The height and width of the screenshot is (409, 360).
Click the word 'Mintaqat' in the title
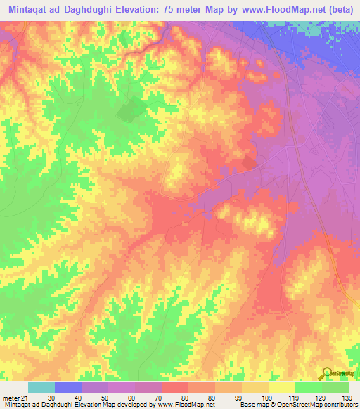(x=27, y=10)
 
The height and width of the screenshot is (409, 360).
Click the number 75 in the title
(x=195, y=10)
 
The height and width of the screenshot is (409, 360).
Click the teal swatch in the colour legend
(x=41, y=387)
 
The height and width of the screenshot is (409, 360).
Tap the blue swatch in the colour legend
(x=68, y=387)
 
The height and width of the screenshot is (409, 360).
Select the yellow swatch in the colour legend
(x=282, y=387)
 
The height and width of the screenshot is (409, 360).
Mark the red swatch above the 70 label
(x=175, y=387)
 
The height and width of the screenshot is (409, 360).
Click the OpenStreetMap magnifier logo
(x=326, y=373)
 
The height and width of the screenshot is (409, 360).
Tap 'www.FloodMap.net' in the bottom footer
(x=185, y=405)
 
